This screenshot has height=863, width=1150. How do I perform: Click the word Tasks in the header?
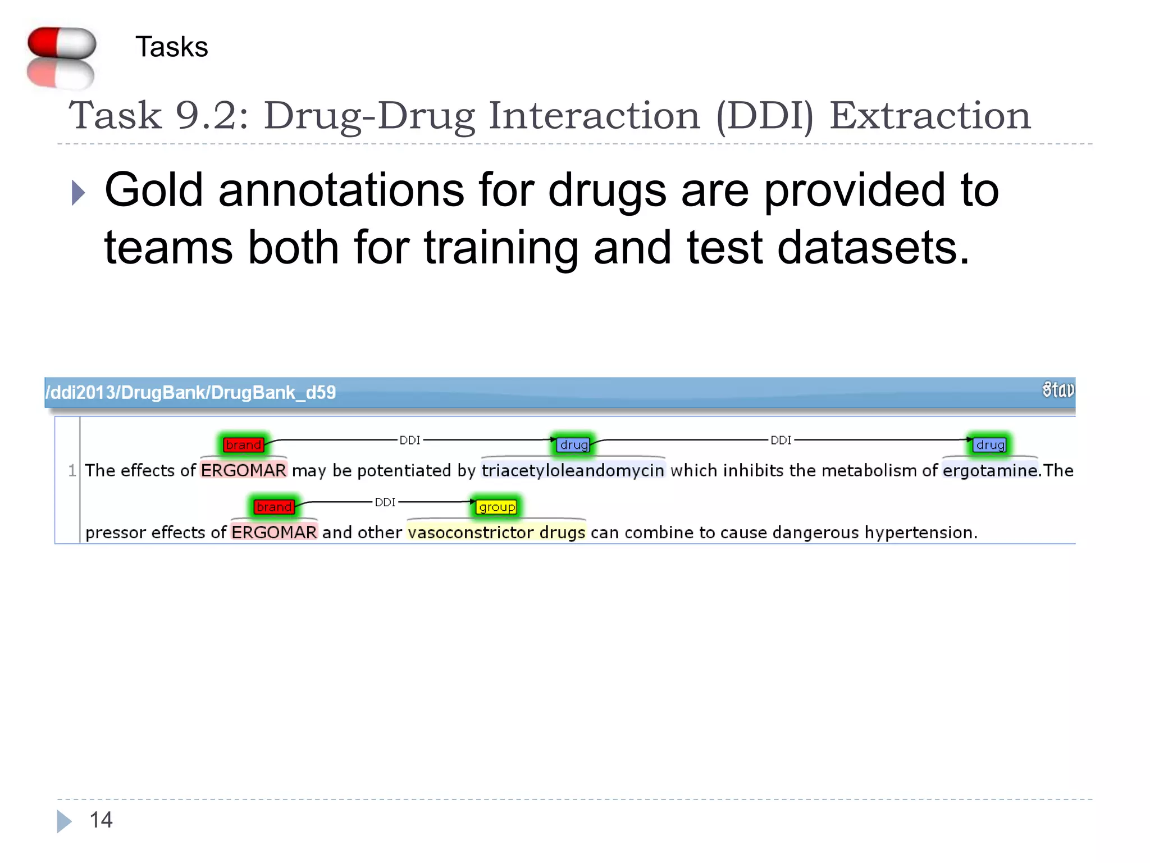click(x=171, y=47)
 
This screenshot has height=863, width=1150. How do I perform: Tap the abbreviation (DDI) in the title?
click(x=764, y=116)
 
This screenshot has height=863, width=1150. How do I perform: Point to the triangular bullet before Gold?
click(x=78, y=193)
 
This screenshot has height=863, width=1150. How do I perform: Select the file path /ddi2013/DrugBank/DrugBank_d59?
click(x=191, y=392)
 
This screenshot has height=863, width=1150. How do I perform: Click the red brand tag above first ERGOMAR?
click(x=243, y=445)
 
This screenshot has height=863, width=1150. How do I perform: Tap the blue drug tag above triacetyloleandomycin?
click(x=574, y=445)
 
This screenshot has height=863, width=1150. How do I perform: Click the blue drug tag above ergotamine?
click(x=990, y=445)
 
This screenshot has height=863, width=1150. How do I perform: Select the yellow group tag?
click(x=496, y=507)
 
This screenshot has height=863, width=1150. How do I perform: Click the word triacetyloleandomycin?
click(x=573, y=470)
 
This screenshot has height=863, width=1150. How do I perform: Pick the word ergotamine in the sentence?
click(x=989, y=470)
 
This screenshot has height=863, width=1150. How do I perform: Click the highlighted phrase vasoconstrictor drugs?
click(x=496, y=532)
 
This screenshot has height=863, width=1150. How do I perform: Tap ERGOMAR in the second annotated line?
click(x=274, y=532)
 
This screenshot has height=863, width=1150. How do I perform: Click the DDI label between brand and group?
click(x=385, y=502)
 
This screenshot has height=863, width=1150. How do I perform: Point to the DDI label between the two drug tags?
click(x=781, y=440)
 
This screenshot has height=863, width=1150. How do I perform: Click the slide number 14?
click(x=101, y=820)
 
